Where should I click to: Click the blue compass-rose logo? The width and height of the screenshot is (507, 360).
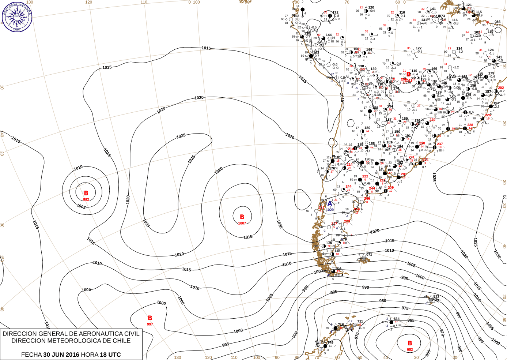17,16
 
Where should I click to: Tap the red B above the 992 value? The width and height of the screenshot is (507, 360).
86,193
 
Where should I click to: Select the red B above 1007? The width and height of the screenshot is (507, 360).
242,217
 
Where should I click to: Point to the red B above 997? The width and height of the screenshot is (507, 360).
150,318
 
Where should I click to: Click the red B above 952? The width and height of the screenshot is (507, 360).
410,343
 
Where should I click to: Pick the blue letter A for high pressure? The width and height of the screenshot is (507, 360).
330,204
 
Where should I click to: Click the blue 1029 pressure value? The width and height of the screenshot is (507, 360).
330,210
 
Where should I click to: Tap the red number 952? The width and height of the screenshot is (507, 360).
410,349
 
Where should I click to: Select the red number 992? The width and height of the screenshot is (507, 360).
86,199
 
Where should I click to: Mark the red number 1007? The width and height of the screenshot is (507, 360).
242,223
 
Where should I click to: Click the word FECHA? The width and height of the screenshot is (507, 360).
31,355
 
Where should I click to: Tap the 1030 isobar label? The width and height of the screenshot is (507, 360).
497,254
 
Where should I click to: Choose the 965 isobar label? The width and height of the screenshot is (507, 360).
411,320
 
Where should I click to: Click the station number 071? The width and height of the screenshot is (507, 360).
369,255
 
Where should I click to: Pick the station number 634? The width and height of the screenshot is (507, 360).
397,319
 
